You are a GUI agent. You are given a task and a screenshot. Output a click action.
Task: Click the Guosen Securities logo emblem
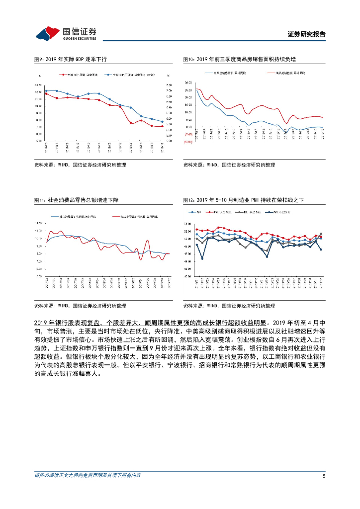(x=48, y=34)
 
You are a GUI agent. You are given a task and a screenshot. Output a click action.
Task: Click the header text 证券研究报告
(x=307, y=34)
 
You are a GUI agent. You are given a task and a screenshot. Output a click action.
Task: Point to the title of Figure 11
(x=76, y=200)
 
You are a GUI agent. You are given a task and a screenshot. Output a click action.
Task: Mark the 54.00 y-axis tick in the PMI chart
(x=188, y=224)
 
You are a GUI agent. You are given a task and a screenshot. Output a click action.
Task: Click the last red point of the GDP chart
(x=162, y=126)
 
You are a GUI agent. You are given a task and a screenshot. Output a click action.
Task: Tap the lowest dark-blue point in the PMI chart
(x=202, y=258)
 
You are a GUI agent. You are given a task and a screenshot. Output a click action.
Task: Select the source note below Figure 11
(x=80, y=306)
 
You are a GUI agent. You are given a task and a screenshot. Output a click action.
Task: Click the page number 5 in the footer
(x=324, y=476)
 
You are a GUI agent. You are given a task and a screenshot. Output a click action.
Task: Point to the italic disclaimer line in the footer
(x=88, y=476)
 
